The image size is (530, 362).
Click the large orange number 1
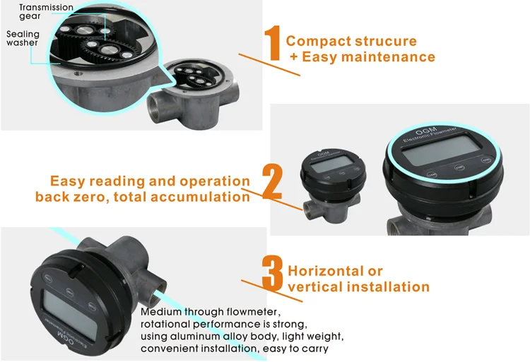(273, 48)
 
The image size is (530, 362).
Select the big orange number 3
(273, 277)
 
